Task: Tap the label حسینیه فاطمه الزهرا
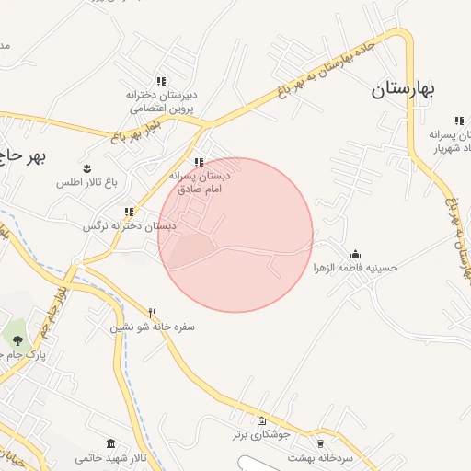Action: [x=355, y=268]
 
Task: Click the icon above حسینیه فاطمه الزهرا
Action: [x=355, y=255]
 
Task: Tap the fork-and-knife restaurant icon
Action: [x=153, y=313]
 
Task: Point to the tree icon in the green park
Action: [x=17, y=341]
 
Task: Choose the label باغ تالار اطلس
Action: [x=88, y=182]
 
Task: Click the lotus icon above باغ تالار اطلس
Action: [x=87, y=168]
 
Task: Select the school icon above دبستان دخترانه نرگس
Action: [x=129, y=212]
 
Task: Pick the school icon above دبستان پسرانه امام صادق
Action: [x=199, y=162]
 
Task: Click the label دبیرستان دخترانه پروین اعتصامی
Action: [x=162, y=100]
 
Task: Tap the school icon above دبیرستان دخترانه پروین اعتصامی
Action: [x=162, y=81]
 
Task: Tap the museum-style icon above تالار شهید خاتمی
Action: [x=110, y=444]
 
